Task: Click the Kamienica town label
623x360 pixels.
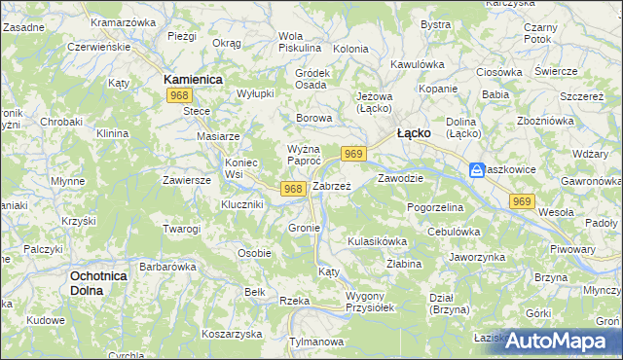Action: tap(193, 78)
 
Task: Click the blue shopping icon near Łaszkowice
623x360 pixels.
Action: tap(477, 170)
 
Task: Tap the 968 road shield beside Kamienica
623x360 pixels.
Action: tap(178, 95)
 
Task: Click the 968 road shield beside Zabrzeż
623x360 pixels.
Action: tap(293, 188)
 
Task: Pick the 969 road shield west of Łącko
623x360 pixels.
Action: tap(353, 154)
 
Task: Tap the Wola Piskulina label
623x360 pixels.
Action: tap(298, 41)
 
